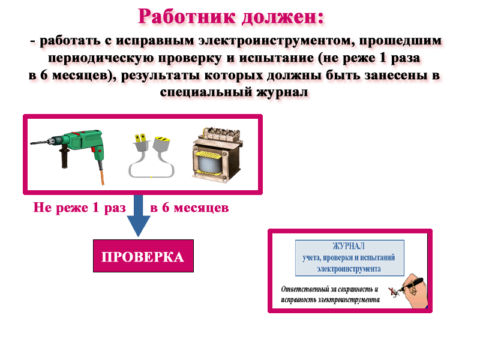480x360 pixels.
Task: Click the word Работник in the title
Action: click(187, 17)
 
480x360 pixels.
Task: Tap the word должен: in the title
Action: click(283, 17)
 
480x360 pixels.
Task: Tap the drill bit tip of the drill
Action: click(31, 143)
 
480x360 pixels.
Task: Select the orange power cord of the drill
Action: click(101, 175)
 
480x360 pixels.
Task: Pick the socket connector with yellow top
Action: click(161, 144)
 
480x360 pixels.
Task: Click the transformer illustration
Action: click(217, 155)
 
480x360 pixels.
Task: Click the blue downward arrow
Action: click(139, 215)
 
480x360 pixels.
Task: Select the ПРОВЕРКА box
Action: click(143, 256)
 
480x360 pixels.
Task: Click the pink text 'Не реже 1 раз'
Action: click(80, 208)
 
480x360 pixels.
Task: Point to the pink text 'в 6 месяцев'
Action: click(189, 208)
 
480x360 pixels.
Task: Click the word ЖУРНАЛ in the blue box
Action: click(349, 246)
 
